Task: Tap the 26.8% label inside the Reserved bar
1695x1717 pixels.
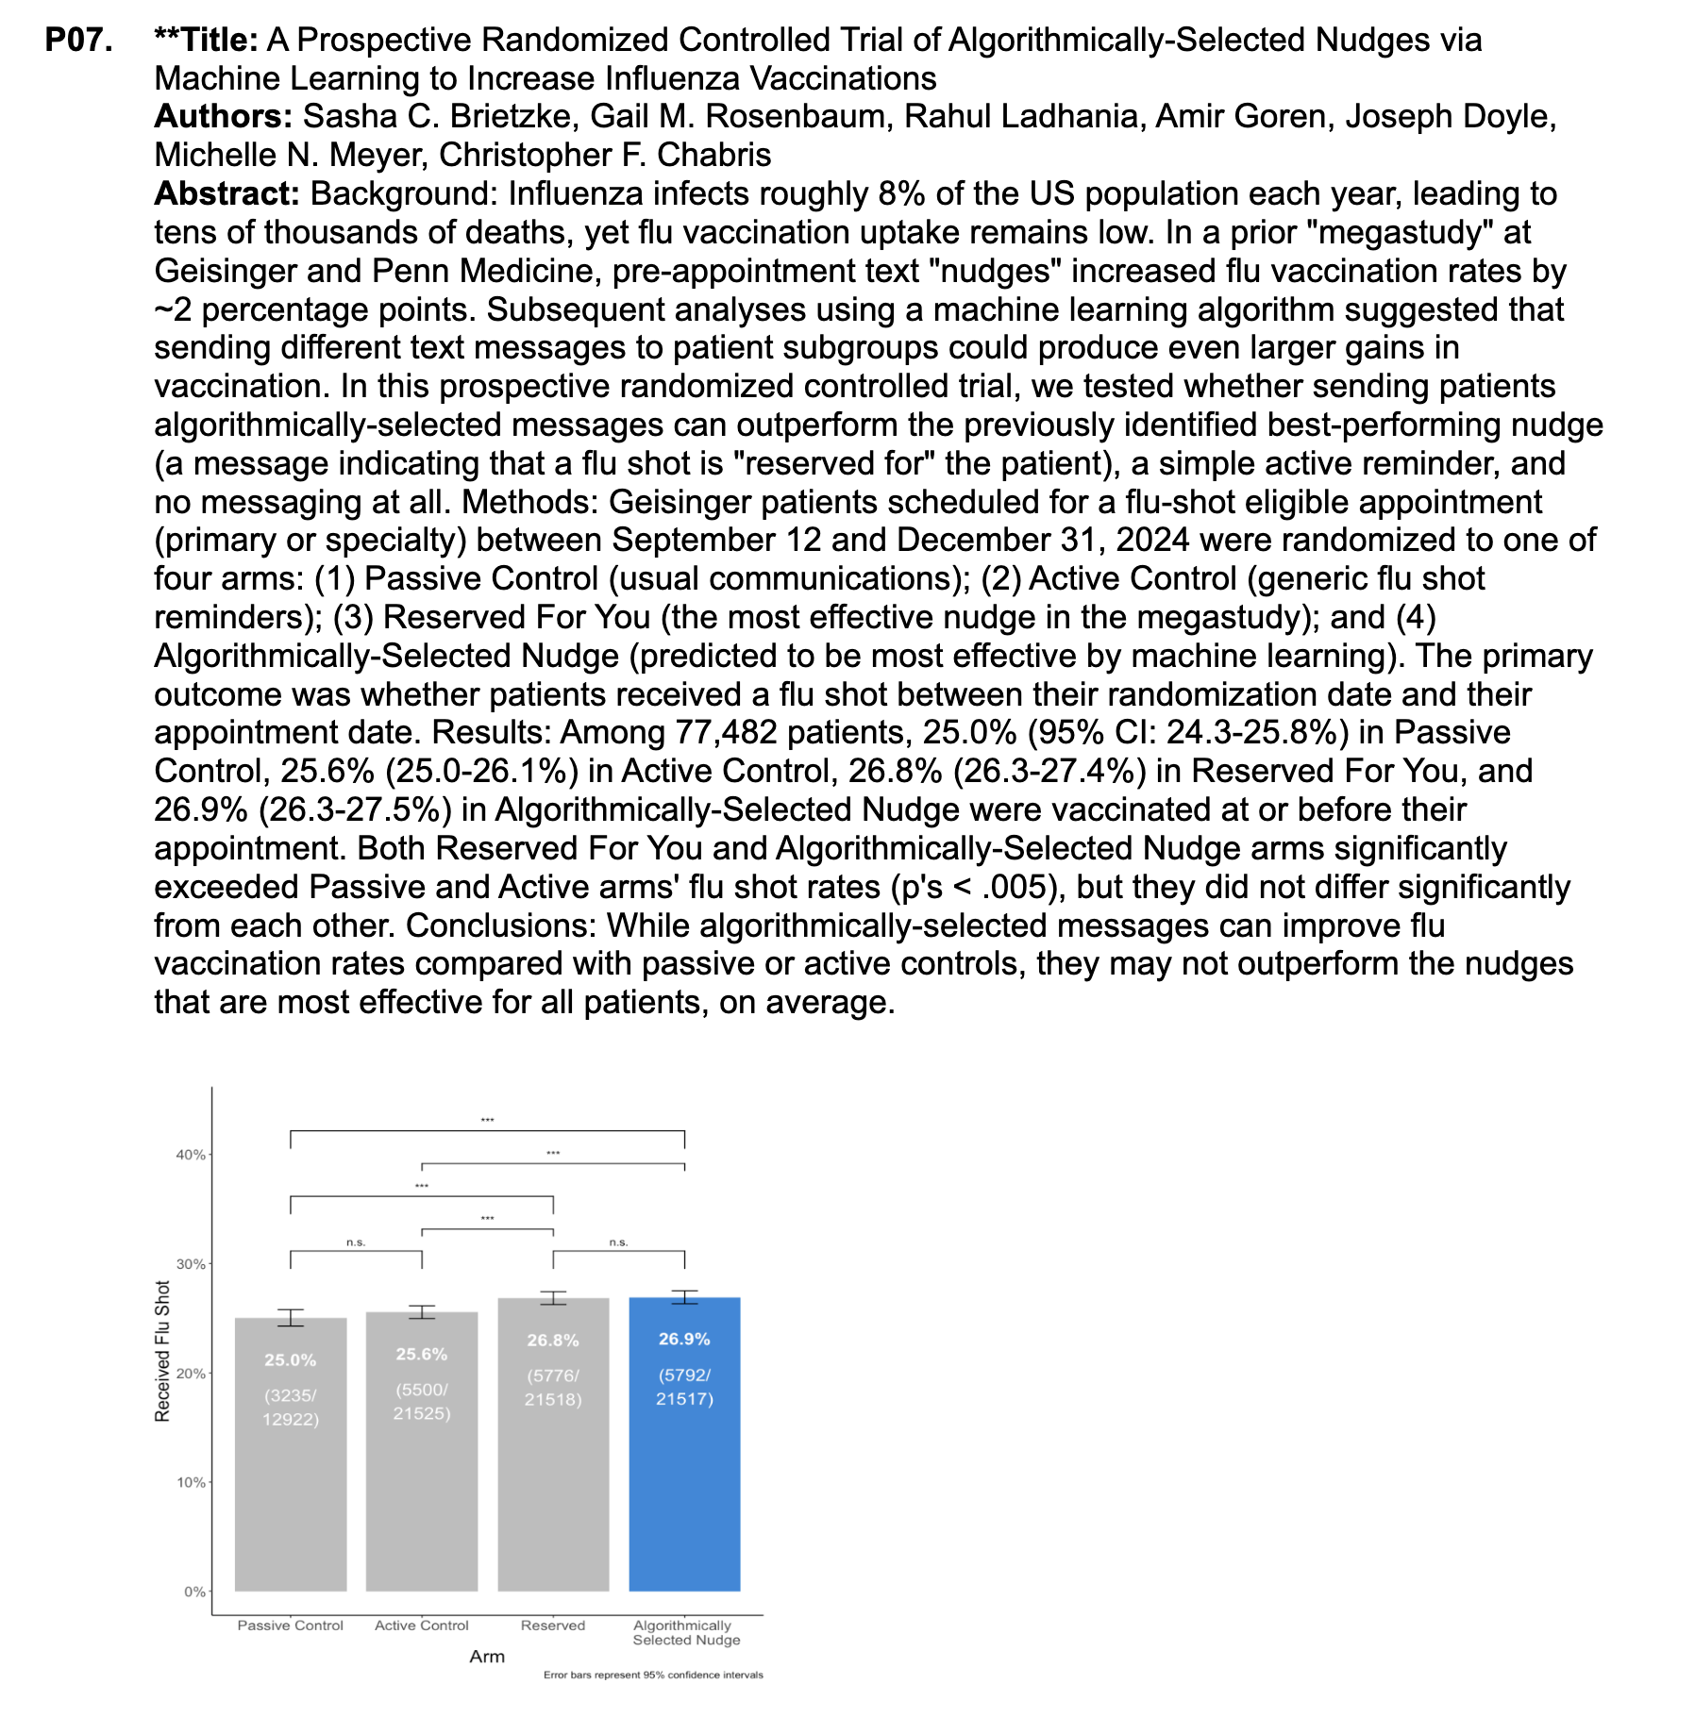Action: [x=553, y=1340]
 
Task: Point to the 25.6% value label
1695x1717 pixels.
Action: [x=422, y=1354]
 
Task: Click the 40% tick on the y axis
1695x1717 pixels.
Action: [x=192, y=1155]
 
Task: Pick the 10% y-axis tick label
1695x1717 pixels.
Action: [x=192, y=1482]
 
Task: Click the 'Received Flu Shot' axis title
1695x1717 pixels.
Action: [x=162, y=1350]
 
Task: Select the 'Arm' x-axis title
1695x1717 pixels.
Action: [x=487, y=1657]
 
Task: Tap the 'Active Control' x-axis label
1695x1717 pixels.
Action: [x=422, y=1625]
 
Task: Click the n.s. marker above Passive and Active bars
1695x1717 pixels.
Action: [x=356, y=1242]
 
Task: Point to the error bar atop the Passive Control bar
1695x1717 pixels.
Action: [x=291, y=1318]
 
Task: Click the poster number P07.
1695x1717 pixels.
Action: [x=79, y=40]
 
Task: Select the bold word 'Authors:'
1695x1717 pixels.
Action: [x=223, y=116]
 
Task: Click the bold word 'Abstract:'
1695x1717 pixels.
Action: [x=227, y=193]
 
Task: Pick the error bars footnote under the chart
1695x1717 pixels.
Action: [x=653, y=1675]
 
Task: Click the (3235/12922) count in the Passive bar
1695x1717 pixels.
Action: [x=291, y=1408]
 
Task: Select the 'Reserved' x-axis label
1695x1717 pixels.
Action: [x=553, y=1625]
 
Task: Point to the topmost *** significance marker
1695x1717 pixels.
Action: [x=487, y=1121]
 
